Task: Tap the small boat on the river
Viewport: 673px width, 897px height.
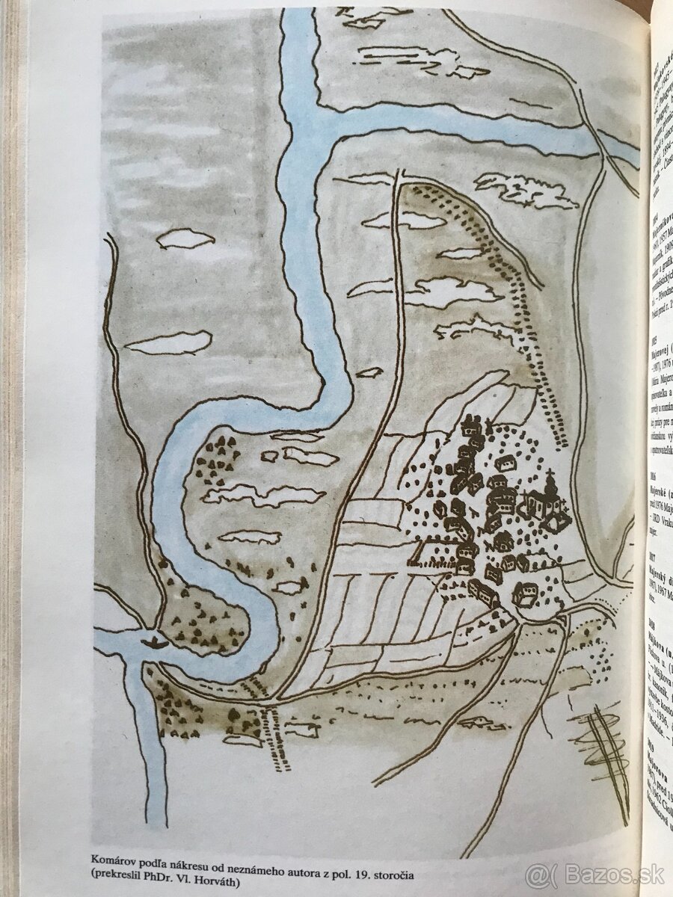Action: [155, 640]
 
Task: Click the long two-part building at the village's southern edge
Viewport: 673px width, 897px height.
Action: [484, 593]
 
